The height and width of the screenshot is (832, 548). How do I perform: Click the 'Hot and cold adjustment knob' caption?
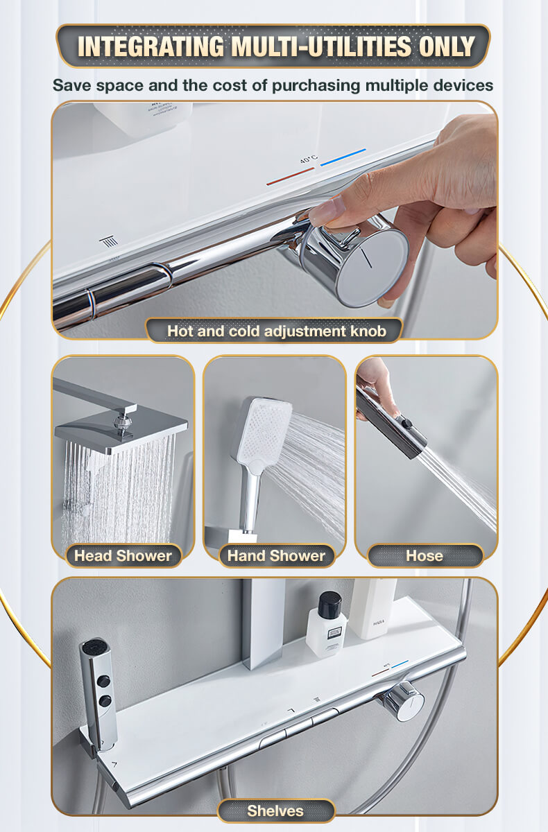pyautogui.click(x=276, y=331)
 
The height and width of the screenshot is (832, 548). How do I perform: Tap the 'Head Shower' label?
pyautogui.click(x=123, y=555)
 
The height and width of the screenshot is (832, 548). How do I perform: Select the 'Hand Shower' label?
pyautogui.click(x=276, y=555)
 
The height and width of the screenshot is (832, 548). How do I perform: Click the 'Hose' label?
pyautogui.click(x=425, y=555)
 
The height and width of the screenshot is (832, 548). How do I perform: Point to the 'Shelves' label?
pyautogui.click(x=275, y=811)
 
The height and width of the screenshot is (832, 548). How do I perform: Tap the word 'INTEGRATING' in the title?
pyautogui.click(x=151, y=46)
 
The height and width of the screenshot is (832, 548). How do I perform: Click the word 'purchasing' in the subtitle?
pyautogui.click(x=316, y=86)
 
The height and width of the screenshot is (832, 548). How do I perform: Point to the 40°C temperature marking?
pyautogui.click(x=309, y=159)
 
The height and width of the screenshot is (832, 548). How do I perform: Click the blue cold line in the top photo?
pyautogui.click(x=343, y=157)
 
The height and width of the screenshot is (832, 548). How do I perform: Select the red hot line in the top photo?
pyautogui.click(x=291, y=176)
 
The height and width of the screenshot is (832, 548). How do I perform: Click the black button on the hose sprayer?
pyautogui.click(x=407, y=423)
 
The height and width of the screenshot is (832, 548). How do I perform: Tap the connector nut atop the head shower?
pyautogui.click(x=122, y=422)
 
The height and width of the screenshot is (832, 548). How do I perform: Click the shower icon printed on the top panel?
pyautogui.click(x=109, y=242)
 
